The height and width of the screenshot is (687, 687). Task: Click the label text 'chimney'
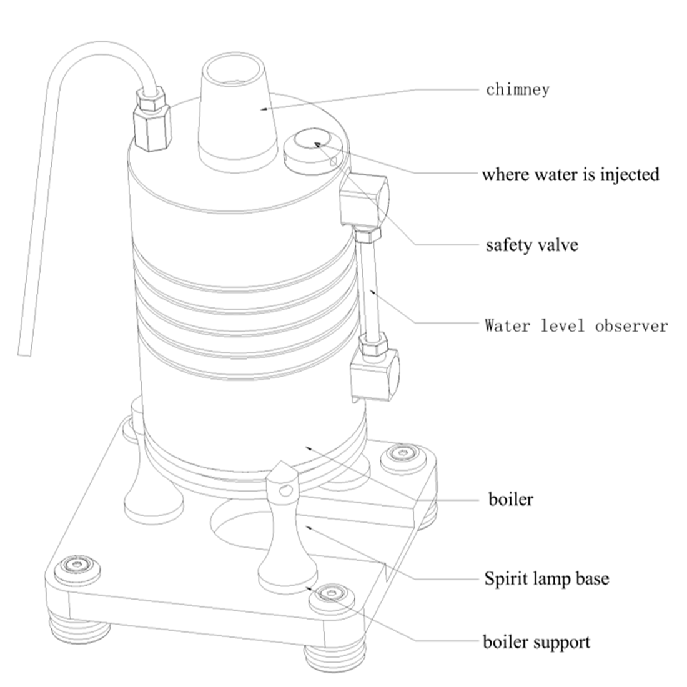(518, 89)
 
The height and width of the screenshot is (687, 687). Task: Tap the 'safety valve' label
(532, 244)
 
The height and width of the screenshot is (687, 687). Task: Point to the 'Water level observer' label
(576, 325)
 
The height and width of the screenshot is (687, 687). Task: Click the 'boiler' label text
(510, 500)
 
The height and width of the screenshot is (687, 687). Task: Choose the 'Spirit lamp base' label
(546, 579)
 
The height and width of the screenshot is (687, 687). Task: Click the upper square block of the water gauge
(365, 200)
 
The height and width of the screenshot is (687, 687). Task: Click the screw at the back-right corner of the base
(402, 454)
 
